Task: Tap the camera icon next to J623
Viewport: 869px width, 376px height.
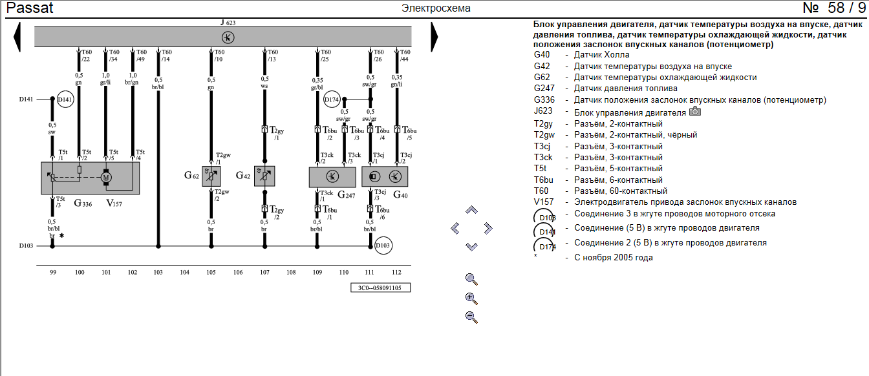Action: tap(695, 111)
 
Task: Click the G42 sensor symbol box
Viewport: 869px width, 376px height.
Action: tap(264, 176)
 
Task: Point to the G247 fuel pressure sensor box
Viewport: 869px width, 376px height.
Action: tap(332, 176)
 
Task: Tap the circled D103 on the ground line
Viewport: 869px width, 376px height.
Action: tap(383, 245)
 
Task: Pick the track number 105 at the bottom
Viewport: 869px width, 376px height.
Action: tap(211, 273)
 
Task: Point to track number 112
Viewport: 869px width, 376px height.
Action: tap(396, 273)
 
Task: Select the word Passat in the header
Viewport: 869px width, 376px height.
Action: tap(30, 8)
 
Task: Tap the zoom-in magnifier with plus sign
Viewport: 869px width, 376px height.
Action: tap(471, 298)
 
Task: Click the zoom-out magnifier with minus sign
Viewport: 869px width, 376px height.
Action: tap(471, 317)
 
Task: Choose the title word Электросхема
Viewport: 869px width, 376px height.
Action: tap(436, 8)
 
